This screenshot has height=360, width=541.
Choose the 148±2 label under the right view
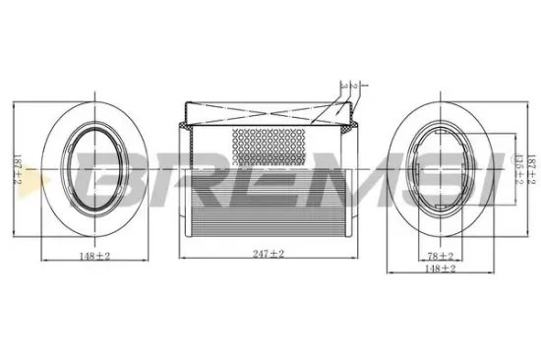[x=435, y=267]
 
